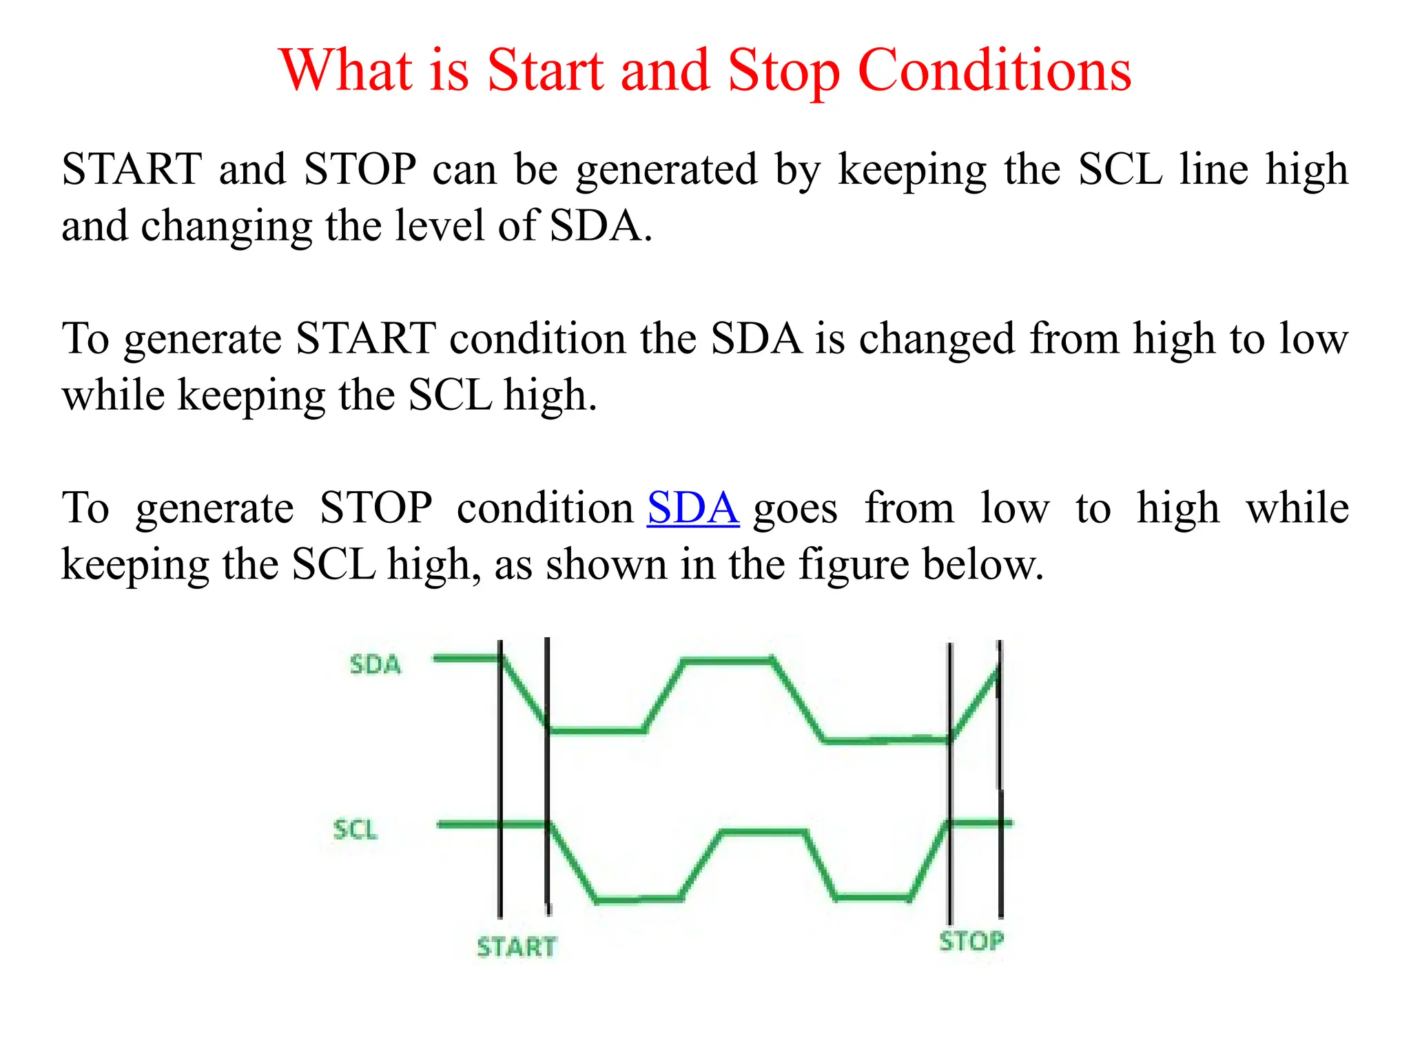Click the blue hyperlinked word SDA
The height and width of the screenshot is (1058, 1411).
tap(693, 508)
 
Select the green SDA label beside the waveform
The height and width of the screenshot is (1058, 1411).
tap(375, 665)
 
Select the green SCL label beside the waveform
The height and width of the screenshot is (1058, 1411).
tap(356, 829)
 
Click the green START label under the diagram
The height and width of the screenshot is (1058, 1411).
tap(516, 947)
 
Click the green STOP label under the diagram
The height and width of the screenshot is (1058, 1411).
tap(971, 941)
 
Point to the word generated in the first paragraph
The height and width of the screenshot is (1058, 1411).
tap(666, 170)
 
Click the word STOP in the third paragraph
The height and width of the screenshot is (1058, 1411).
tap(376, 508)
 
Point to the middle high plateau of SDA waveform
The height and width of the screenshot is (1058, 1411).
tap(727, 661)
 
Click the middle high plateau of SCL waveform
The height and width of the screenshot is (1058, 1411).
tap(763, 833)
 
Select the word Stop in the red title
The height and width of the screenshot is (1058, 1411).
tap(783, 70)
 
